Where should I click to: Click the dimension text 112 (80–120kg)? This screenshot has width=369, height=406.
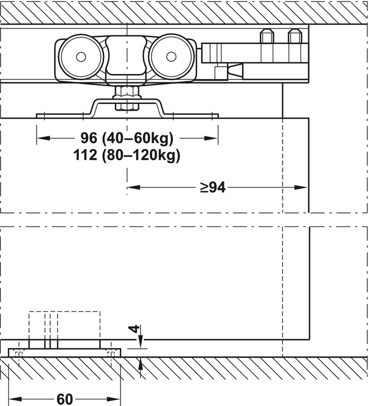point(127,155)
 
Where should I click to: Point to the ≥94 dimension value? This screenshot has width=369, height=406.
point(213,187)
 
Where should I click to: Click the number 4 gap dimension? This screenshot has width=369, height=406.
point(133,329)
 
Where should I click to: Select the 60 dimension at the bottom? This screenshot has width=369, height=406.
point(65,399)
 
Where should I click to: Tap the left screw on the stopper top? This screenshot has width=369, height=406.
point(267,37)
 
